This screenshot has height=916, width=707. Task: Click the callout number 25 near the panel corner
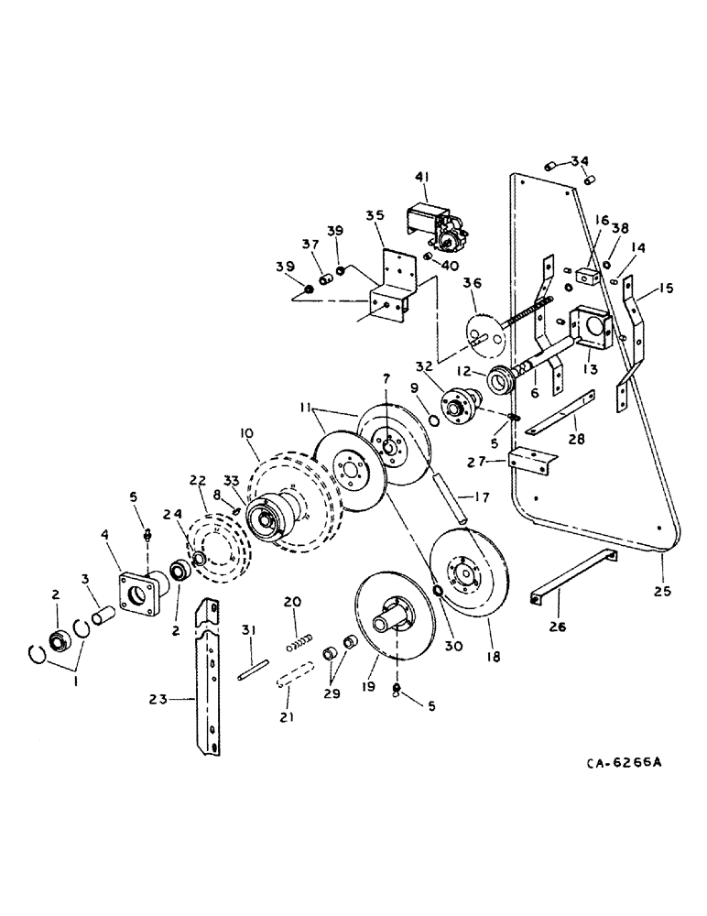pyautogui.click(x=663, y=592)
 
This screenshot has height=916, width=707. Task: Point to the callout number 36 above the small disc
pyautogui.click(x=473, y=286)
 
